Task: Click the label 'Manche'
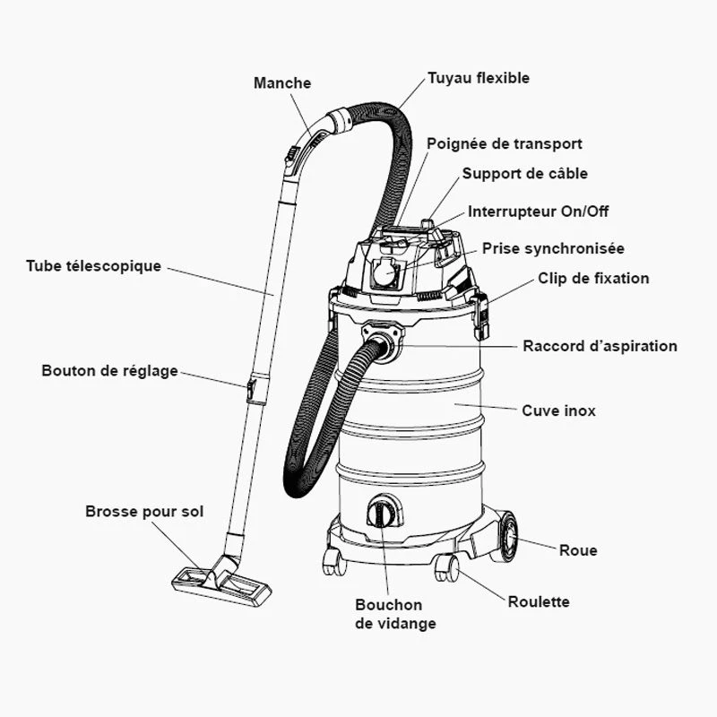[282, 83]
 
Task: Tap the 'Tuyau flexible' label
[478, 78]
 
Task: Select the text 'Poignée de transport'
[505, 143]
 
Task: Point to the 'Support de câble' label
[525, 173]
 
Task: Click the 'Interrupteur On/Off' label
[539, 212]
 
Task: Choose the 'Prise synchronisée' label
[553, 248]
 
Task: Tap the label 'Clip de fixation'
[593, 279]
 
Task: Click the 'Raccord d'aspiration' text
[600, 346]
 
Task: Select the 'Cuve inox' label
[558, 410]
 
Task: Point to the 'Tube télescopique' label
[94, 266]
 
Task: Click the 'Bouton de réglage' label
[110, 371]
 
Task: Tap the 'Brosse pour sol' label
[144, 512]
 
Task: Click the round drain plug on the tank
[384, 514]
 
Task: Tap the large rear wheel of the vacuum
[505, 535]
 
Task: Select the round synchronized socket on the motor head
[387, 272]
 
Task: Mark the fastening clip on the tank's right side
[481, 315]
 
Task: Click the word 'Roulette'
[539, 602]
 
